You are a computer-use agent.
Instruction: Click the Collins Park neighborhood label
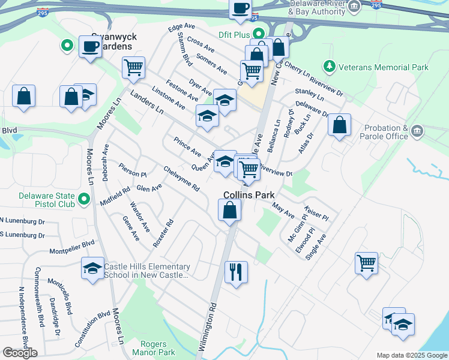pyautogui.click(x=249, y=195)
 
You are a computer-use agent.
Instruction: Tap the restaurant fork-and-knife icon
pyautogui.click(x=236, y=272)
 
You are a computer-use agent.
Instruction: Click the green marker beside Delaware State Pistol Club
pyautogui.click(x=84, y=199)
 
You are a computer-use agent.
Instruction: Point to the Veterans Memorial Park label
pyautogui.click(x=382, y=67)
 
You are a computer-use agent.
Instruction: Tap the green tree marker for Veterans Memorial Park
pyautogui.click(x=328, y=65)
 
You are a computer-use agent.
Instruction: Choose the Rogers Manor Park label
pyautogui.click(x=157, y=349)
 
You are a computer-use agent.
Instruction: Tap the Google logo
pyautogui.click(x=20, y=352)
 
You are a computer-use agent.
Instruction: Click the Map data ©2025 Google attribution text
pyautogui.click(x=411, y=355)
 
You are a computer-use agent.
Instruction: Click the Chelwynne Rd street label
pyautogui.click(x=181, y=179)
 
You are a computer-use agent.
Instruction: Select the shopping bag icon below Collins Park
pyautogui.click(x=229, y=210)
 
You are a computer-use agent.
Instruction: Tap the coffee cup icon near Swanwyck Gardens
pyautogui.click(x=91, y=46)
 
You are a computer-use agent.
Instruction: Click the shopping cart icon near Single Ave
pyautogui.click(x=366, y=263)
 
